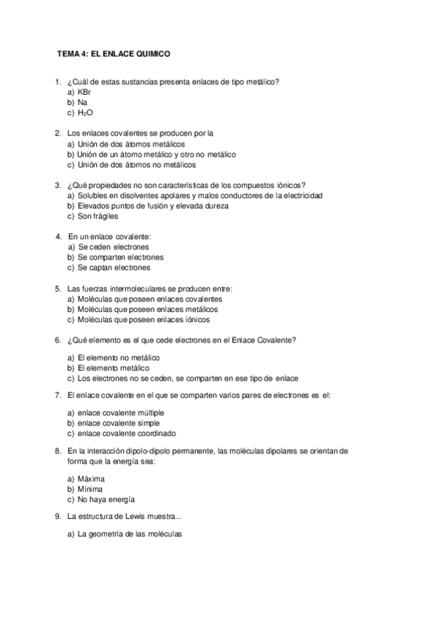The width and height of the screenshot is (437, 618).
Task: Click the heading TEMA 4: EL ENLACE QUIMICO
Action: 114,54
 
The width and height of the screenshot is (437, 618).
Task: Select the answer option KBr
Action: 84,92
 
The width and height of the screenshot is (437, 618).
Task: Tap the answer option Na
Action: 82,103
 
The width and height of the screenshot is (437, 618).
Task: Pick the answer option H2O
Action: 85,113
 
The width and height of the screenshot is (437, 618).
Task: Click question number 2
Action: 58,133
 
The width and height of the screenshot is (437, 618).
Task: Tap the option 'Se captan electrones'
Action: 114,267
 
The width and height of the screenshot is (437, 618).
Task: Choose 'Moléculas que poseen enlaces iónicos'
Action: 143,319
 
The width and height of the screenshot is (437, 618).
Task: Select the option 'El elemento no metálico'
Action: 118,358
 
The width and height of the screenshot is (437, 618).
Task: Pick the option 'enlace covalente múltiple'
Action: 121,412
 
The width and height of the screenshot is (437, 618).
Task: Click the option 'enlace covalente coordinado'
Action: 125,433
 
